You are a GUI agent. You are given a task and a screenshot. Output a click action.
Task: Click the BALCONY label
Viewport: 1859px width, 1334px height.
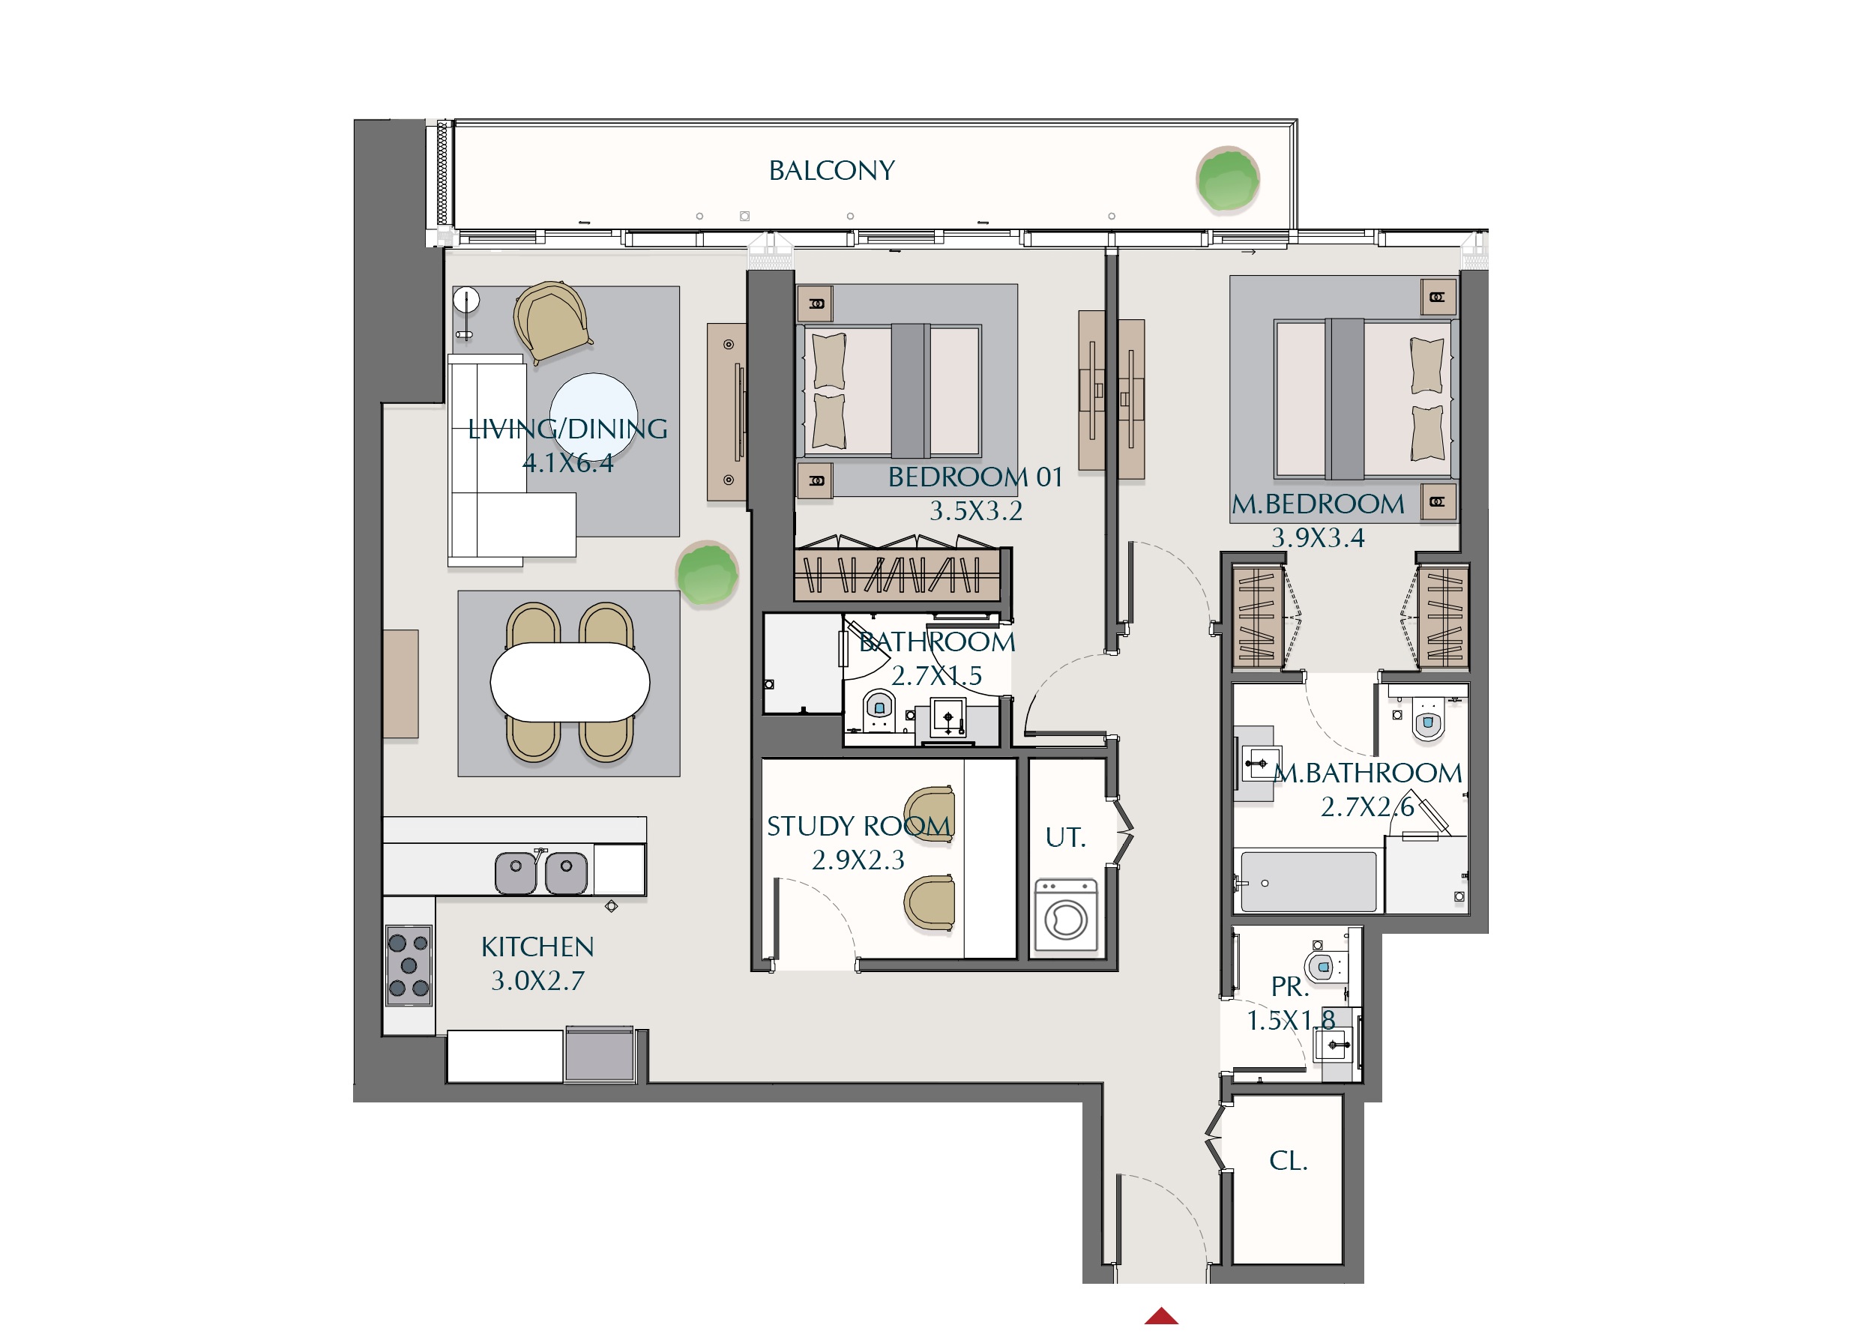point(831,170)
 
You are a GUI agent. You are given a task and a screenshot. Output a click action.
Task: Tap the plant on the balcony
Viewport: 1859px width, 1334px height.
point(1227,179)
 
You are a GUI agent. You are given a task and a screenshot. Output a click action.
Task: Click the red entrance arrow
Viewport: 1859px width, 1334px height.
point(1161,1316)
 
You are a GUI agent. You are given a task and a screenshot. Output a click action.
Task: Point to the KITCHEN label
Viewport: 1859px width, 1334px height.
point(537,947)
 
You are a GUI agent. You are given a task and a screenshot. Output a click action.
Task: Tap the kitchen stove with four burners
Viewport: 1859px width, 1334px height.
point(409,965)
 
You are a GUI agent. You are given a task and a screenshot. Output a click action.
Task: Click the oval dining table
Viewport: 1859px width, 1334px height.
point(570,683)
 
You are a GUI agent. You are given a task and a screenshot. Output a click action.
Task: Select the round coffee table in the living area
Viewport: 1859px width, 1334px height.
point(594,415)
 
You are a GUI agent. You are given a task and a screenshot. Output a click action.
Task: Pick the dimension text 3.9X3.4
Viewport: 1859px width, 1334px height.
point(1317,538)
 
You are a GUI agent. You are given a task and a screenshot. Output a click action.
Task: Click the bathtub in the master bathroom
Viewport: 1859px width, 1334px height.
point(1308,881)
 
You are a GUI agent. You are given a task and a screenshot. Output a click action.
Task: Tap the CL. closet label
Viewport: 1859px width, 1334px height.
point(1288,1161)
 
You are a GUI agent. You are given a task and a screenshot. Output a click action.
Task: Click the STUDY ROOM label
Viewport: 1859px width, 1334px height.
point(858,826)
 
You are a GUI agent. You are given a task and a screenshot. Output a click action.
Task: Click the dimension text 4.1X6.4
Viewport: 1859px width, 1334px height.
point(567,464)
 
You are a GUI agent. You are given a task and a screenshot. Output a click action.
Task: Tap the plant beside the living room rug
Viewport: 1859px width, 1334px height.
point(707,573)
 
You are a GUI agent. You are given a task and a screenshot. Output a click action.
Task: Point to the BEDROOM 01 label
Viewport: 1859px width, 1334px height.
point(974,477)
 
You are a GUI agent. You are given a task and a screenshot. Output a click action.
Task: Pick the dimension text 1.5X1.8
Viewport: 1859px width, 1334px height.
point(1290,1021)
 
